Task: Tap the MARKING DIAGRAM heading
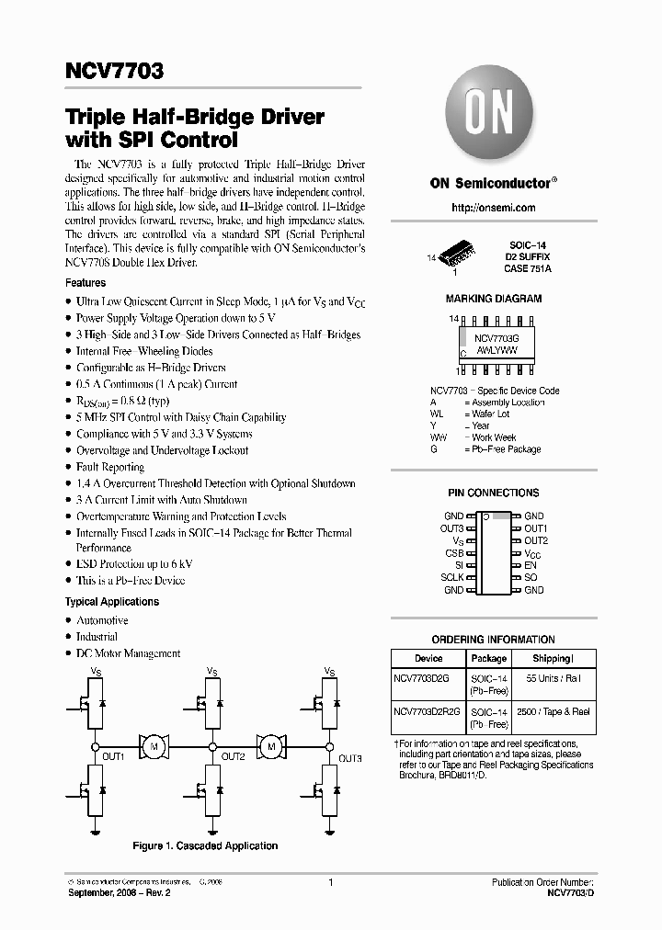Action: [x=494, y=299]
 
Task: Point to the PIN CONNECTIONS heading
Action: [x=494, y=493]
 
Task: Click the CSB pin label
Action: [x=454, y=553]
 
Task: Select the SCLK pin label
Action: [x=451, y=578]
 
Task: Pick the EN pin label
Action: [x=530, y=565]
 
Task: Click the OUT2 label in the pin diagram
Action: [x=535, y=540]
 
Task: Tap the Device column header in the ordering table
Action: [x=428, y=658]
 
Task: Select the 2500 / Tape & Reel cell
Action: [x=553, y=711]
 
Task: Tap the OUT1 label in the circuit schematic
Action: [x=113, y=756]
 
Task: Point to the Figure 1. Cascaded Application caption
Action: [x=205, y=845]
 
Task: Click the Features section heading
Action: [x=86, y=283]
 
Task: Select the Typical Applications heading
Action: [x=111, y=602]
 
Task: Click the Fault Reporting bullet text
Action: [x=110, y=467]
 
